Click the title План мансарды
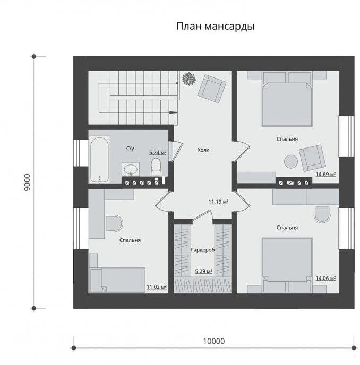point(215,27)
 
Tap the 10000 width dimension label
point(214,341)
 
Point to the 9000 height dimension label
point(27,183)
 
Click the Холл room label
point(203,150)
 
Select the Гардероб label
point(203,250)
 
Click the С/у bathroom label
point(130,149)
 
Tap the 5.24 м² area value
point(158,153)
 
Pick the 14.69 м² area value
point(325,175)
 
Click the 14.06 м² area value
point(325,278)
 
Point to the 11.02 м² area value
point(156,287)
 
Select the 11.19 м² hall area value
point(218,202)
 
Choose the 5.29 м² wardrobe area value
point(204,271)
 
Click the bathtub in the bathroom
point(99,160)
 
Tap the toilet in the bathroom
point(156,167)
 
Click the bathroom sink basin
point(131,169)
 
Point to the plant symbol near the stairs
point(189,79)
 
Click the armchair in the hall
point(212,89)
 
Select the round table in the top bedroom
point(291,162)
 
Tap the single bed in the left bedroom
point(118,280)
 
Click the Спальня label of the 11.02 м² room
point(130,240)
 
